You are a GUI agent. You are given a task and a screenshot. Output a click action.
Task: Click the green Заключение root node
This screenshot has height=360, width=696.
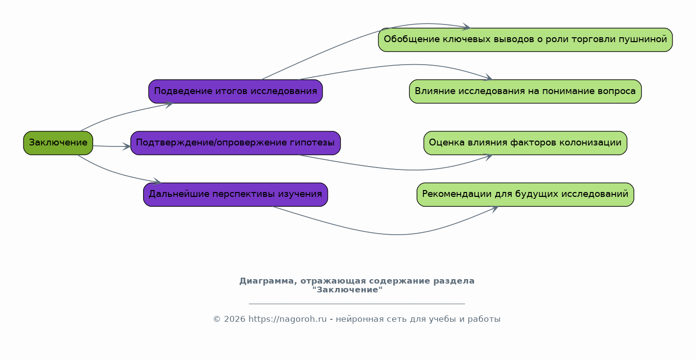click(x=58, y=143)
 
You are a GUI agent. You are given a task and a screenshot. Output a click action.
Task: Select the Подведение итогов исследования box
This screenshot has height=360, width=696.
click(x=236, y=91)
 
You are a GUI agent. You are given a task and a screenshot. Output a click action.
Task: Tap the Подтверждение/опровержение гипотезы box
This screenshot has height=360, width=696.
click(x=236, y=143)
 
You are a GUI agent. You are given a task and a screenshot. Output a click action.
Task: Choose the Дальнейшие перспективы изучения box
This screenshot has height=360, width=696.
click(x=236, y=194)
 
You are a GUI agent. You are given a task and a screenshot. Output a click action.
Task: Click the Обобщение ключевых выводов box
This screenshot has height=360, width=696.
click(x=525, y=40)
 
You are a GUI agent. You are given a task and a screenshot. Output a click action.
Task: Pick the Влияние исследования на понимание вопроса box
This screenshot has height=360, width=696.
click(x=525, y=91)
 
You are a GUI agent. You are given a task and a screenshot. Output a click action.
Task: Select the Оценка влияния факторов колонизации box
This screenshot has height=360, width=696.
click(x=525, y=143)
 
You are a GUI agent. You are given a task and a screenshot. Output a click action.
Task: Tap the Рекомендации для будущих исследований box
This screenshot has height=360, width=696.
click(x=525, y=194)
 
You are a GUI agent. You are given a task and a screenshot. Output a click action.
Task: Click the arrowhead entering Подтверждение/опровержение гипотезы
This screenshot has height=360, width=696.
click(x=127, y=146)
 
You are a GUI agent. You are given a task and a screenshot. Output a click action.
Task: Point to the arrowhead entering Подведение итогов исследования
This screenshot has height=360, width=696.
click(x=169, y=104)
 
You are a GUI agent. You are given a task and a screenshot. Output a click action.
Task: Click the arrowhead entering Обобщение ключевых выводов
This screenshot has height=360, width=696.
click(x=467, y=27)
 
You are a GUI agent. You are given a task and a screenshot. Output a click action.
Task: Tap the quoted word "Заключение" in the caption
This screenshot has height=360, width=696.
click(x=348, y=290)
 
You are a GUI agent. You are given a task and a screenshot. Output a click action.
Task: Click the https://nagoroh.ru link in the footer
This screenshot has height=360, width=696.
click(x=287, y=319)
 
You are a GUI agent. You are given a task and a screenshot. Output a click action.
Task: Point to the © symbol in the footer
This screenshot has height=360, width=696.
click(x=217, y=319)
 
